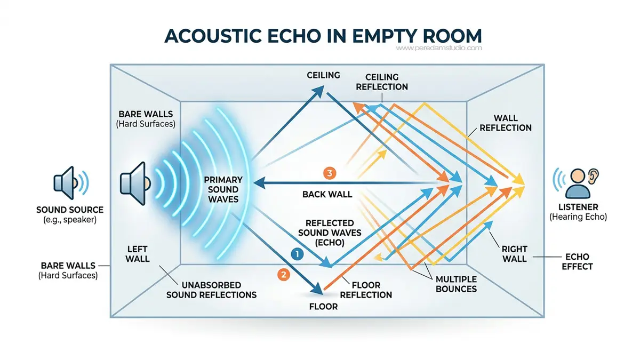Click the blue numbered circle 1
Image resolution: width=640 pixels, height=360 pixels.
pos(297,254)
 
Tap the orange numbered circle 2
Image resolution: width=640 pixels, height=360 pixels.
pos(283,275)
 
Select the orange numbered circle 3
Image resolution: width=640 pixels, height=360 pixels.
pos(330,173)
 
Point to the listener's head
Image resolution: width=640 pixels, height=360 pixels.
pos(578,175)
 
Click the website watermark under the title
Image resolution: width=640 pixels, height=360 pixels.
pos(438,48)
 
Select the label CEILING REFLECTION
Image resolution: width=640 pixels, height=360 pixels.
pos(382,82)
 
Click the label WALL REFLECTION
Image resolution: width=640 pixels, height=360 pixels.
pos(506,123)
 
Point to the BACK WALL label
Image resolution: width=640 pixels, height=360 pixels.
pos(327,194)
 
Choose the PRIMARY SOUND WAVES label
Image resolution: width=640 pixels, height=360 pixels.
pos(223,189)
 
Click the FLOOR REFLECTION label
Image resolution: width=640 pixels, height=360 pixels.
pos(366,290)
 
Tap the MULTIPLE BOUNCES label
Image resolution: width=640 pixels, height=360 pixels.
pos(456,284)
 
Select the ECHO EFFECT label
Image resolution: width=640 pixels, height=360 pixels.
pos(577,261)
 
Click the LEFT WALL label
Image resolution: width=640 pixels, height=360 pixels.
pos(138,254)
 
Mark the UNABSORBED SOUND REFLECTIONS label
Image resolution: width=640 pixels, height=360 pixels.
pos(211,290)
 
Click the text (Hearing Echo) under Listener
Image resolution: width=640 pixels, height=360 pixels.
pos(578,217)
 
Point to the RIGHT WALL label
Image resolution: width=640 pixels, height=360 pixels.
pos(514,254)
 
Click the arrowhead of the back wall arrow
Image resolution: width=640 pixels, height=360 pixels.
pos(259,183)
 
